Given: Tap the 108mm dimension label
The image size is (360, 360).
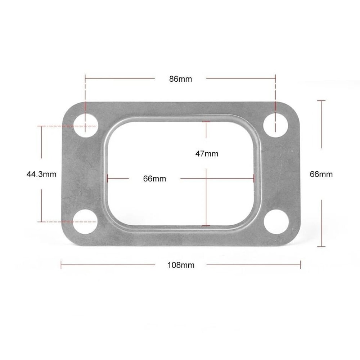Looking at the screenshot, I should pyautogui.click(x=181, y=265).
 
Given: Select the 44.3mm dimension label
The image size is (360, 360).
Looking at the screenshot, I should pyautogui.click(x=41, y=174).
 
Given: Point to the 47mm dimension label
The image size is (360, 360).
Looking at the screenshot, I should pyautogui.click(x=207, y=154).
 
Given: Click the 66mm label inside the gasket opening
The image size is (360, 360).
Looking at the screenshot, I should pyautogui.click(x=154, y=179).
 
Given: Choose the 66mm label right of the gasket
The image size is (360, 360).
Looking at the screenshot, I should pyautogui.click(x=321, y=174).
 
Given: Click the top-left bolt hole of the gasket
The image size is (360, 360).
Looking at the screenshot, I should pyautogui.click(x=85, y=126).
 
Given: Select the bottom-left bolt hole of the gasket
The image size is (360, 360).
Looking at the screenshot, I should pyautogui.click(x=85, y=222).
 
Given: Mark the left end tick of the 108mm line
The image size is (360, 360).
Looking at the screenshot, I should pyautogui.click(x=61, y=265).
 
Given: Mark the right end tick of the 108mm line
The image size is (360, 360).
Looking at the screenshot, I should pyautogui.click(x=300, y=265).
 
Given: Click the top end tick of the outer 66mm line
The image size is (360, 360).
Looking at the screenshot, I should pyautogui.click(x=321, y=101).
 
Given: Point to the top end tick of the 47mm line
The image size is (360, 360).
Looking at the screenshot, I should pyautogui.click(x=206, y=122).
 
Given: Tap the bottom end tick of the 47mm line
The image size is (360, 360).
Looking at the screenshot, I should pyautogui.click(x=206, y=225).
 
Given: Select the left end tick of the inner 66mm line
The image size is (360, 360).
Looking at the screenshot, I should pyautogui.click(x=108, y=178).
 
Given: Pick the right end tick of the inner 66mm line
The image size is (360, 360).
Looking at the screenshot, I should pyautogui.click(x=254, y=178).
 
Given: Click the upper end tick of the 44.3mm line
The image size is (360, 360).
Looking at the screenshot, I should pyautogui.click(x=42, y=126).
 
